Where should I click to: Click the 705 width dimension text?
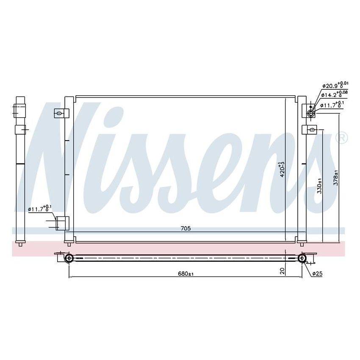(186, 229)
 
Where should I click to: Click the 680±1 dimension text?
(186, 274)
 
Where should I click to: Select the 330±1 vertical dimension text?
(320, 185)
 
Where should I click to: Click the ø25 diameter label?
(318, 274)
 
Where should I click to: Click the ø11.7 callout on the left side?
(40, 208)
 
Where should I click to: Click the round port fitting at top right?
(311, 113)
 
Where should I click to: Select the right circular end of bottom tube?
(302, 258)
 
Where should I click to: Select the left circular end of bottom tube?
(69, 258)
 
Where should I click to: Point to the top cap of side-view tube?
(20, 100)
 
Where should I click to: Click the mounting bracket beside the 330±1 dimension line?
(310, 129)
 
